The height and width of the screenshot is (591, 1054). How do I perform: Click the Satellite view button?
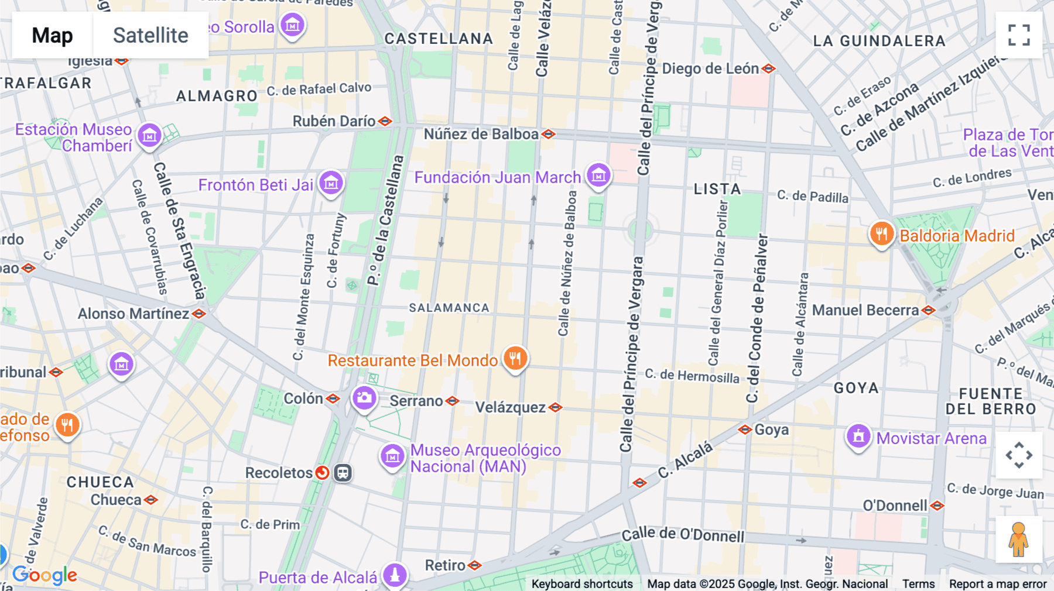(x=150, y=35)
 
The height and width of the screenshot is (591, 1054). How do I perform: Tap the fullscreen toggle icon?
(x=1019, y=35)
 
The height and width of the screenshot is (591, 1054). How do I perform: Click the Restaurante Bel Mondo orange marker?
(x=515, y=358)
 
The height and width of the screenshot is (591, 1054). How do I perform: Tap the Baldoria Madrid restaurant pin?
(x=881, y=234)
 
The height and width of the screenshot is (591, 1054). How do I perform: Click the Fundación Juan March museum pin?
(x=598, y=175)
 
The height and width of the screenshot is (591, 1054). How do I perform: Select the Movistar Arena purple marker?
(x=858, y=437)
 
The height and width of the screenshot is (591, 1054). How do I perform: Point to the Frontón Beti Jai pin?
(x=331, y=183)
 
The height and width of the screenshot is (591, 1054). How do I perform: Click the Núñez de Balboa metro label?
(x=481, y=134)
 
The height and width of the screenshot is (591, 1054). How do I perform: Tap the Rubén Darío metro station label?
(x=334, y=121)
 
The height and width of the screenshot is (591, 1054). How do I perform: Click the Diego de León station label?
(x=710, y=68)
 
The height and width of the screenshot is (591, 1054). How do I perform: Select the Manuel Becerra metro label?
(x=865, y=310)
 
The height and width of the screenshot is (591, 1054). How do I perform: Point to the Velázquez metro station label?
(x=510, y=407)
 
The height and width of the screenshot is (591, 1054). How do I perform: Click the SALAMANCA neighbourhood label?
(x=449, y=308)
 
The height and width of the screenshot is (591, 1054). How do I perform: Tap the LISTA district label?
(x=717, y=189)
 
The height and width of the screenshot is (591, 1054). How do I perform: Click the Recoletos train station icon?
(x=343, y=472)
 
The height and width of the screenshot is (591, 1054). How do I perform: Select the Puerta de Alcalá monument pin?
(x=395, y=575)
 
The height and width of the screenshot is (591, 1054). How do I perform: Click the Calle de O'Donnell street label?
(x=683, y=534)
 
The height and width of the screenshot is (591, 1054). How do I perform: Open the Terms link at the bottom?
(x=918, y=583)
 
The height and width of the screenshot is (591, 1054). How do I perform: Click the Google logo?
(x=45, y=575)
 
